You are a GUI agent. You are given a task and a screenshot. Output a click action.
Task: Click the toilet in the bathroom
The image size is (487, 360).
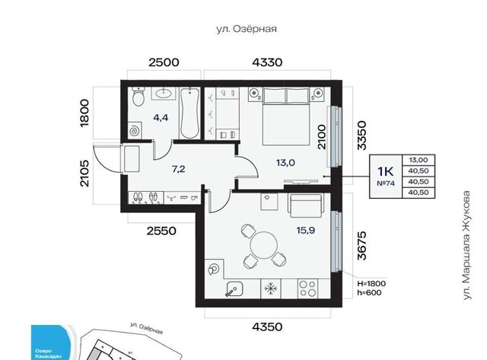coord(138,97)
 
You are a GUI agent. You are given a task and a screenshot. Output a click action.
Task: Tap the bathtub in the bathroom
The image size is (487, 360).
coord(189,113)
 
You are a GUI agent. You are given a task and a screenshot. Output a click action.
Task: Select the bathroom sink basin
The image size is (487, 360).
coord(164,93)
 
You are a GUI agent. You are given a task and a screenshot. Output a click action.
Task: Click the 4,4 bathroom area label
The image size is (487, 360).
coord(161,117)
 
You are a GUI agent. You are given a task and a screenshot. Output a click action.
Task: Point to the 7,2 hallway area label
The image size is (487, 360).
coord(178,169)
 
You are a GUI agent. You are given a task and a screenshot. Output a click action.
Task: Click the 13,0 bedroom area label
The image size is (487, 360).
coord(285,162)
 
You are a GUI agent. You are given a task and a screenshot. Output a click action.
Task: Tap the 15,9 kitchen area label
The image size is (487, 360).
coord(306,230)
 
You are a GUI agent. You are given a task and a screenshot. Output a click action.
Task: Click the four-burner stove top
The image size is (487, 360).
coord(307,288)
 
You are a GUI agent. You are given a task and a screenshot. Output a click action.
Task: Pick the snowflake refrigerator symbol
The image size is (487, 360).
coord(271,289)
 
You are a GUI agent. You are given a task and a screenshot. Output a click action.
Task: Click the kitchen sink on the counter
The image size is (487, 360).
coord(234,289)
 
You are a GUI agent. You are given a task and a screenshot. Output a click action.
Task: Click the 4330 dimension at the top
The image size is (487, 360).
coord(267,62)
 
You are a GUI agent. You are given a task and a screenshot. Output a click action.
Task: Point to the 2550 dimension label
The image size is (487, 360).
coord(161,231)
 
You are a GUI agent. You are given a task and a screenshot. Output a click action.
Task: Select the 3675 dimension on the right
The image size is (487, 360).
coord(362,245)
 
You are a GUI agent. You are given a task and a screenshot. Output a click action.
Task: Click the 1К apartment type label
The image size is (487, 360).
coord(385,171)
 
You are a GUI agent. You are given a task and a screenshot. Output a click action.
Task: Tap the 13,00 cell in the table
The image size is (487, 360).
coord(418,160)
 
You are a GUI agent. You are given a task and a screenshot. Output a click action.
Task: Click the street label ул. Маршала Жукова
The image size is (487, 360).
coord(466,245)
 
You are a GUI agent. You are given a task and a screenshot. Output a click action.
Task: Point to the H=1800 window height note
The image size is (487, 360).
coord(371,284)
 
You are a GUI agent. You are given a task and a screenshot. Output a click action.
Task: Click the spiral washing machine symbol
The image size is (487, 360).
coord(135,130)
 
